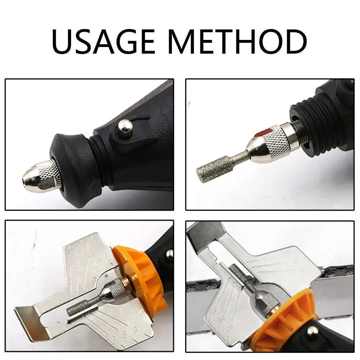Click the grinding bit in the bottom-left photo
(x=78, y=307)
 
